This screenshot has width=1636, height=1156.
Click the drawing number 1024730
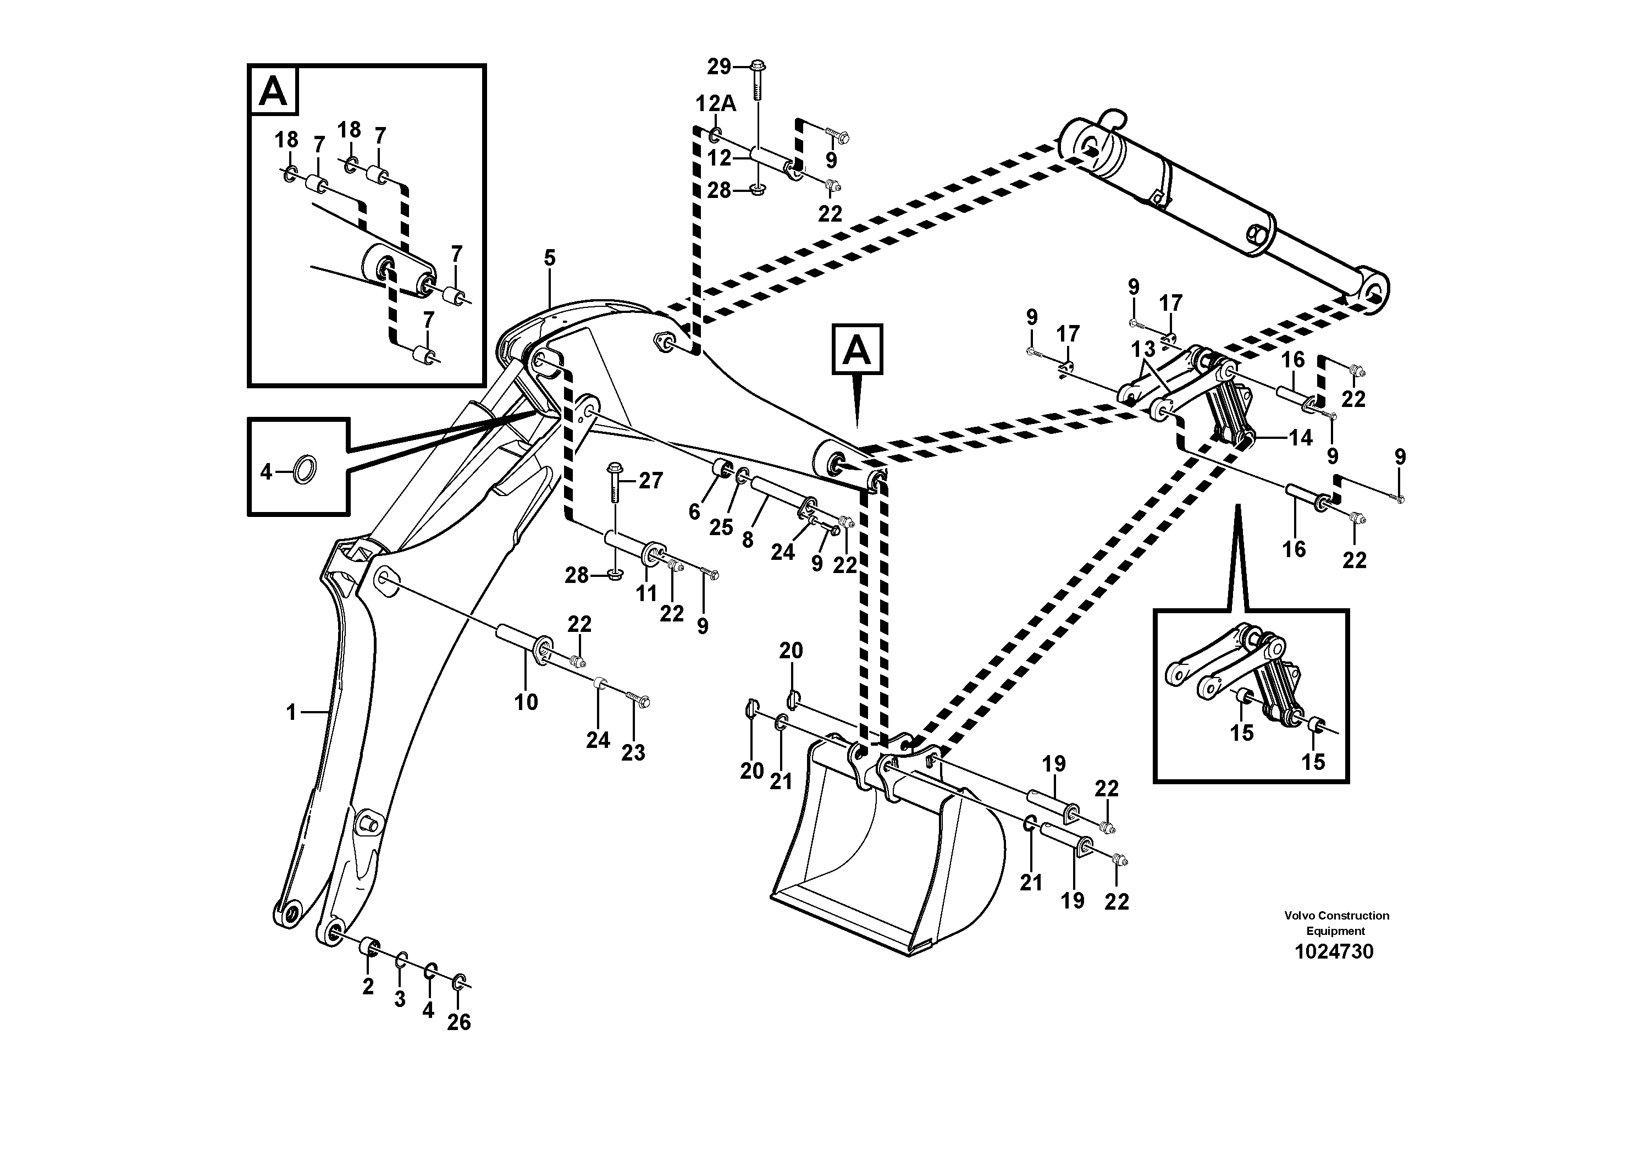1333,952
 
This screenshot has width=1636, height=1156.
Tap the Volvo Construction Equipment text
1336,923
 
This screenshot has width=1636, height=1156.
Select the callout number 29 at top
719,67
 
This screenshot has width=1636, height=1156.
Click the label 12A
715,104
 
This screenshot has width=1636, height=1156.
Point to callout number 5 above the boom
549,258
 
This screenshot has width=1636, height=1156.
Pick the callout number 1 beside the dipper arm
291,712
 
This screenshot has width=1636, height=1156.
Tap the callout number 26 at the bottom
459,1022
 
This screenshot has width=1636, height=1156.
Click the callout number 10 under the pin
526,702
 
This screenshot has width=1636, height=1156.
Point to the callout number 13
1143,350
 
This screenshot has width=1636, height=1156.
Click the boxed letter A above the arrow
857,349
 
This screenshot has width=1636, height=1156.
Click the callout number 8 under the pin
747,540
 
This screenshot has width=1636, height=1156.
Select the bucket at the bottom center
883,862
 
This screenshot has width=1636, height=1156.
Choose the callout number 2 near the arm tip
368,987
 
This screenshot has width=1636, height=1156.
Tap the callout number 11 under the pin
646,593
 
